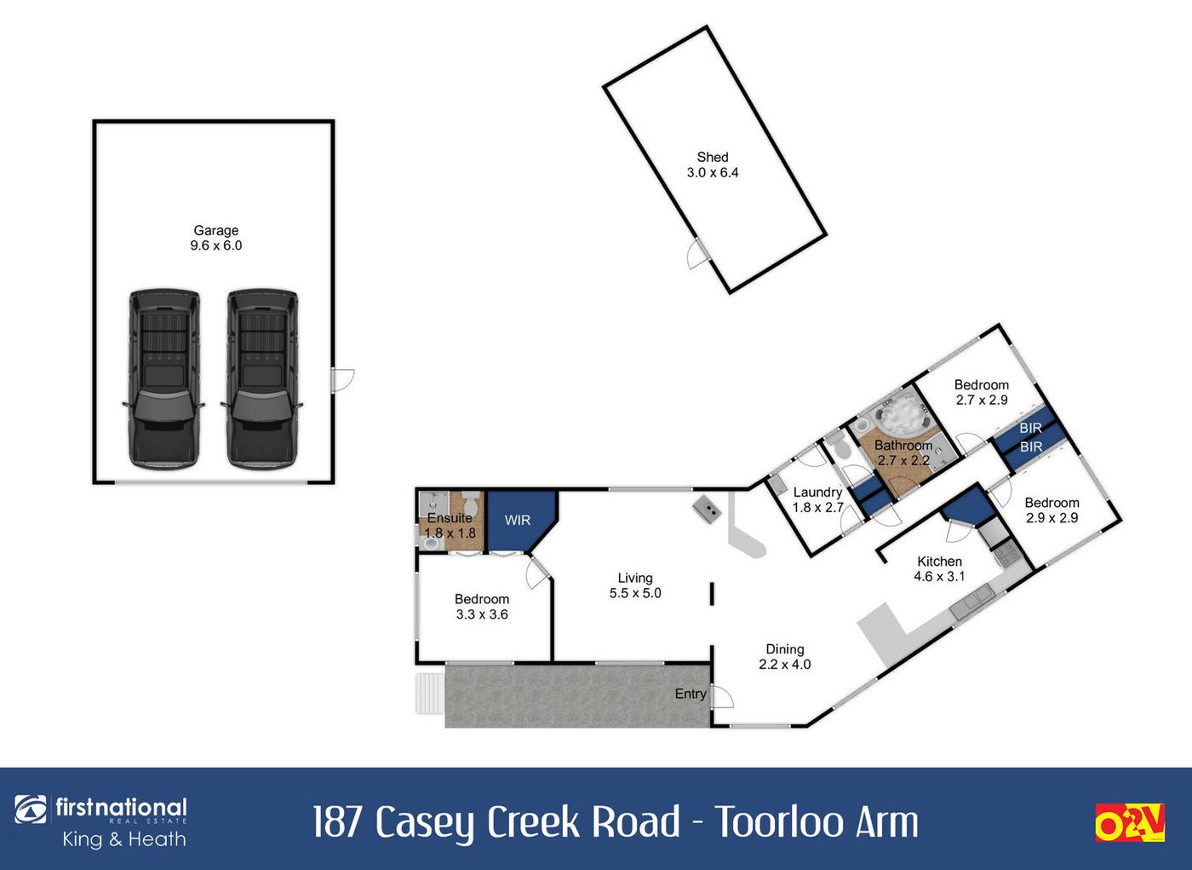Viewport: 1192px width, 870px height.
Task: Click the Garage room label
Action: (215, 230)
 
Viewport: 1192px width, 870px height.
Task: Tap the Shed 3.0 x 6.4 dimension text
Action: (713, 172)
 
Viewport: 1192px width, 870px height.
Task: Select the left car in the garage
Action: (163, 379)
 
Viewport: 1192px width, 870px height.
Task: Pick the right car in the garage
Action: (262, 379)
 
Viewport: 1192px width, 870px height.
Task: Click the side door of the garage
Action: (342, 380)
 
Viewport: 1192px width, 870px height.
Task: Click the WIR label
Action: (518, 520)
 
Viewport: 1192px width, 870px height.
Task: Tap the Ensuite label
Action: (450, 517)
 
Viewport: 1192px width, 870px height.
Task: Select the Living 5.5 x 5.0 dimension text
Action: (635, 592)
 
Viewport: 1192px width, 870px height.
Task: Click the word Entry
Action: (691, 694)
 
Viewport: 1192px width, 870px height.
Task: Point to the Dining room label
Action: (785, 649)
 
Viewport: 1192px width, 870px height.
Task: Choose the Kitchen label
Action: (939, 562)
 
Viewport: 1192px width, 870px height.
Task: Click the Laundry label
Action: (818, 493)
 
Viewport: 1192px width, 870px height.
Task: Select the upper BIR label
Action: (1031, 428)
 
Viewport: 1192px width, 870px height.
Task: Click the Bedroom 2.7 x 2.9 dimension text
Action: (982, 400)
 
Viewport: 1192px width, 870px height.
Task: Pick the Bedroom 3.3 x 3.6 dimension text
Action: (482, 614)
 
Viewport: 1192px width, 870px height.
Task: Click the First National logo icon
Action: (31, 810)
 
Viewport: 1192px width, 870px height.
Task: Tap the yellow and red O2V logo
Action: (1129, 822)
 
